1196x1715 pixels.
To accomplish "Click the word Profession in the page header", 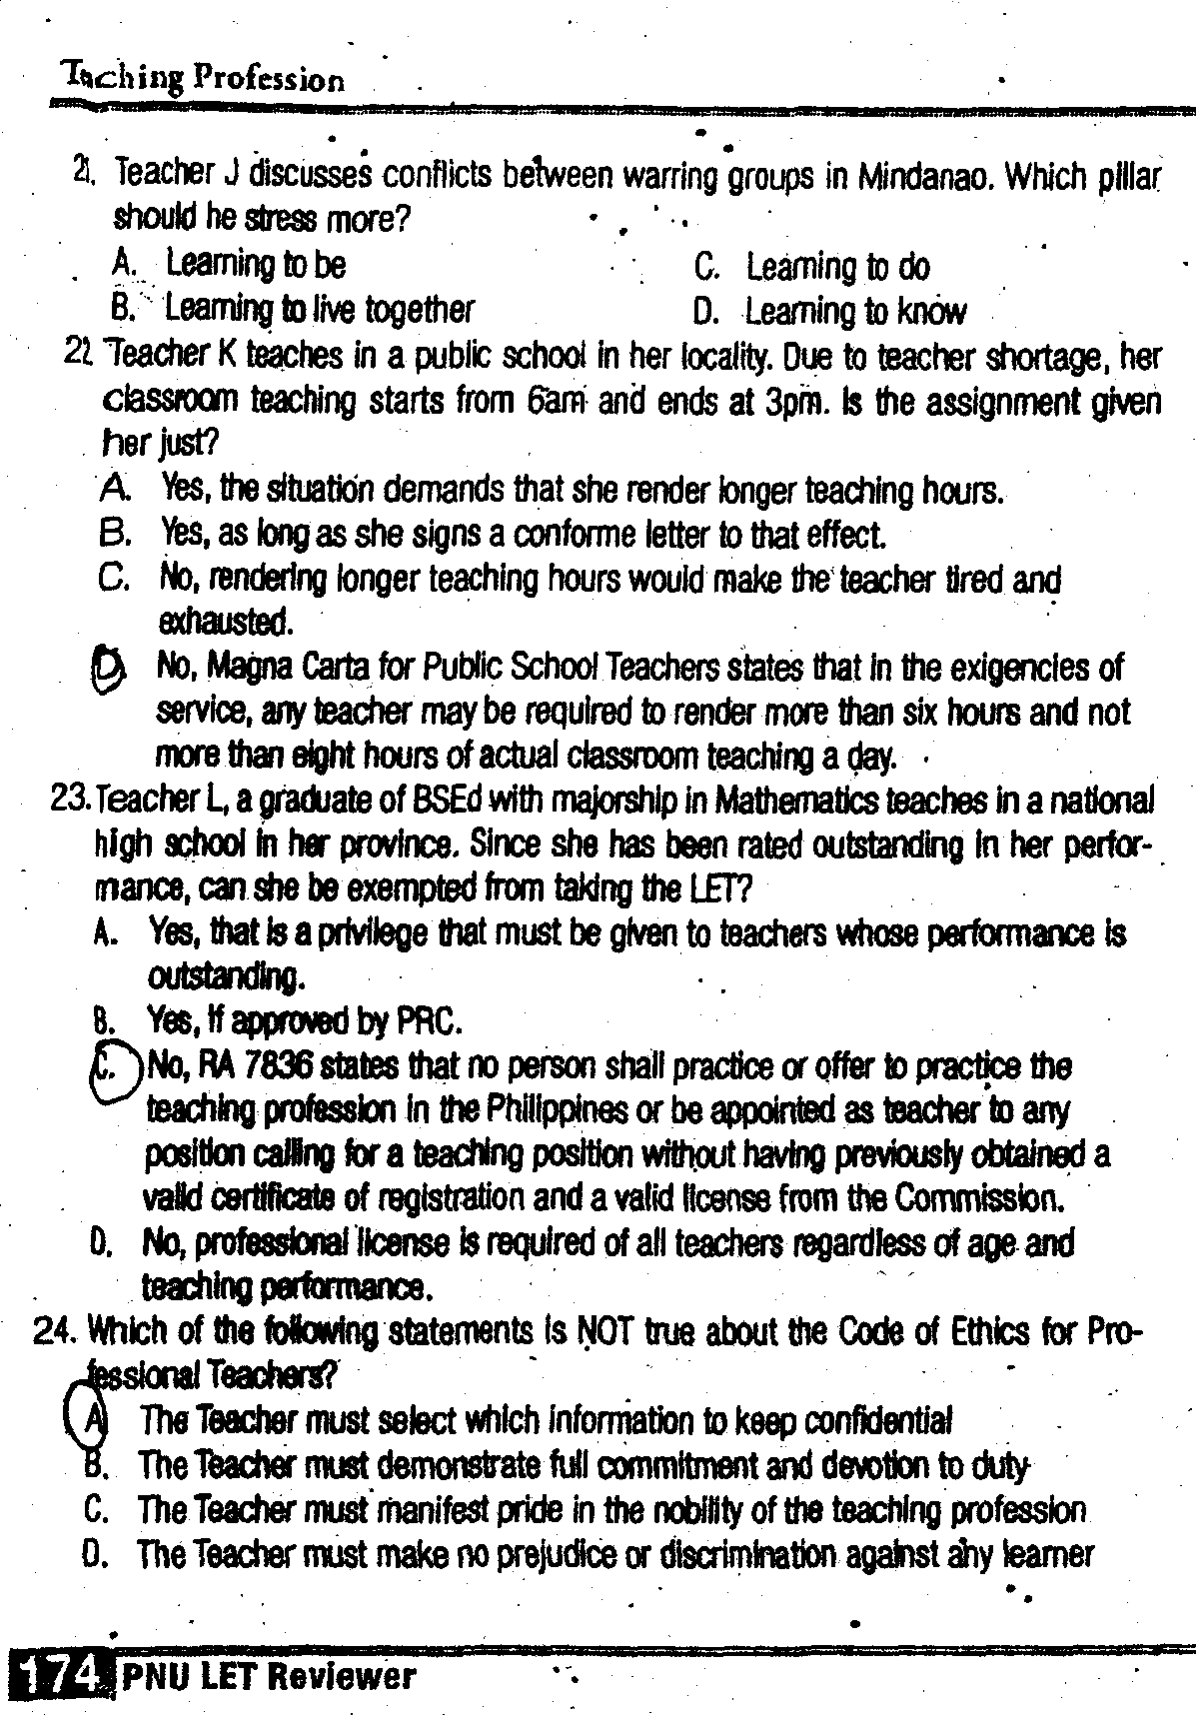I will pyautogui.click(x=270, y=78).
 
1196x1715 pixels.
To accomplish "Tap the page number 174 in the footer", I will pyautogui.click(x=58, y=1675).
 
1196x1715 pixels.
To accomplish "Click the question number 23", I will pyautogui.click(x=71, y=800).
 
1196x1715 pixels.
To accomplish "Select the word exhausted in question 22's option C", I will pyautogui.click(x=225, y=623).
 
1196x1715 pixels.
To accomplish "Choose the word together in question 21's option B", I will pyautogui.click(x=416, y=310).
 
